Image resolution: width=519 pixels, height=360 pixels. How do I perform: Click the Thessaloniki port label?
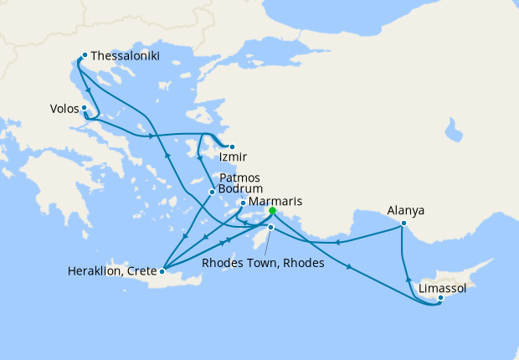coord(125,56)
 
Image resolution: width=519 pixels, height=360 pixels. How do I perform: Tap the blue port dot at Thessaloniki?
coord(85,55)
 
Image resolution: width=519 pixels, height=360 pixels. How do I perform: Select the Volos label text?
coord(64,109)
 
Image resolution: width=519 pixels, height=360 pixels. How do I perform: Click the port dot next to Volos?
coord(85,108)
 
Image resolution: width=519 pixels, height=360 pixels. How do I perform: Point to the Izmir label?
coord(232,157)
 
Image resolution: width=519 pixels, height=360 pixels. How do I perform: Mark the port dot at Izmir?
coord(232,147)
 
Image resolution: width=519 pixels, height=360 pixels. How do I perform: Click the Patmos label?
coord(239,178)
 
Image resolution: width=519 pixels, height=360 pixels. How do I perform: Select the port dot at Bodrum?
coord(243,203)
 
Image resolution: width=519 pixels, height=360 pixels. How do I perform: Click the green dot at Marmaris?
coord(272,212)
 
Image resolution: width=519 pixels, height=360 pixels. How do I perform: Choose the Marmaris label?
coord(275,202)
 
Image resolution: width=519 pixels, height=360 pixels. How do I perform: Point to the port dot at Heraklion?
coord(162,270)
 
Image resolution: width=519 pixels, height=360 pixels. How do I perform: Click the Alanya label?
coord(406,211)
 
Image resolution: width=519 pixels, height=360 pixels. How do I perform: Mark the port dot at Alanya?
coord(403,224)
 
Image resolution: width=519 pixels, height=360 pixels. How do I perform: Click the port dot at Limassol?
coord(440,298)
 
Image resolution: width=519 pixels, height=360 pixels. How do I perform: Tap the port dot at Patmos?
coord(212,192)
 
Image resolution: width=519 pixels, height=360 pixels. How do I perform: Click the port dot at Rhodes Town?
coord(270,227)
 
